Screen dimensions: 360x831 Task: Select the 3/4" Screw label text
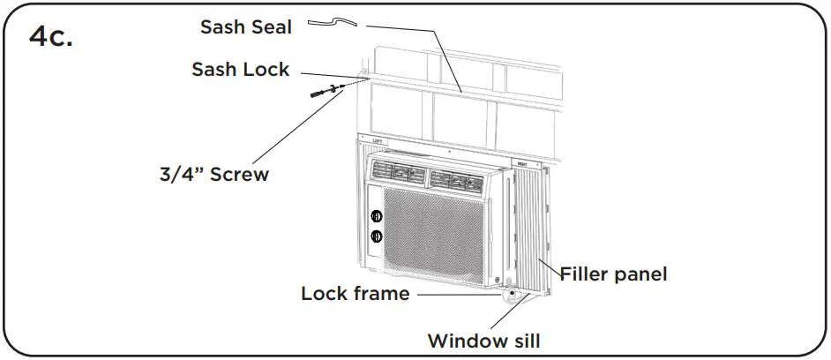click(208, 174)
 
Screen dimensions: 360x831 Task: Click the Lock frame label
click(355, 293)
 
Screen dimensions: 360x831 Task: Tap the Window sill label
click(483, 340)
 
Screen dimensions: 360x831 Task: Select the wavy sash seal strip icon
click(333, 24)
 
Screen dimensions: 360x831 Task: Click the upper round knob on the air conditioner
click(377, 215)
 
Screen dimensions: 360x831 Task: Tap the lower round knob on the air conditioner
click(377, 236)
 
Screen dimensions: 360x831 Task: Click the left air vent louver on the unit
click(397, 175)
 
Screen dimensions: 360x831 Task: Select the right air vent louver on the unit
click(459, 176)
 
